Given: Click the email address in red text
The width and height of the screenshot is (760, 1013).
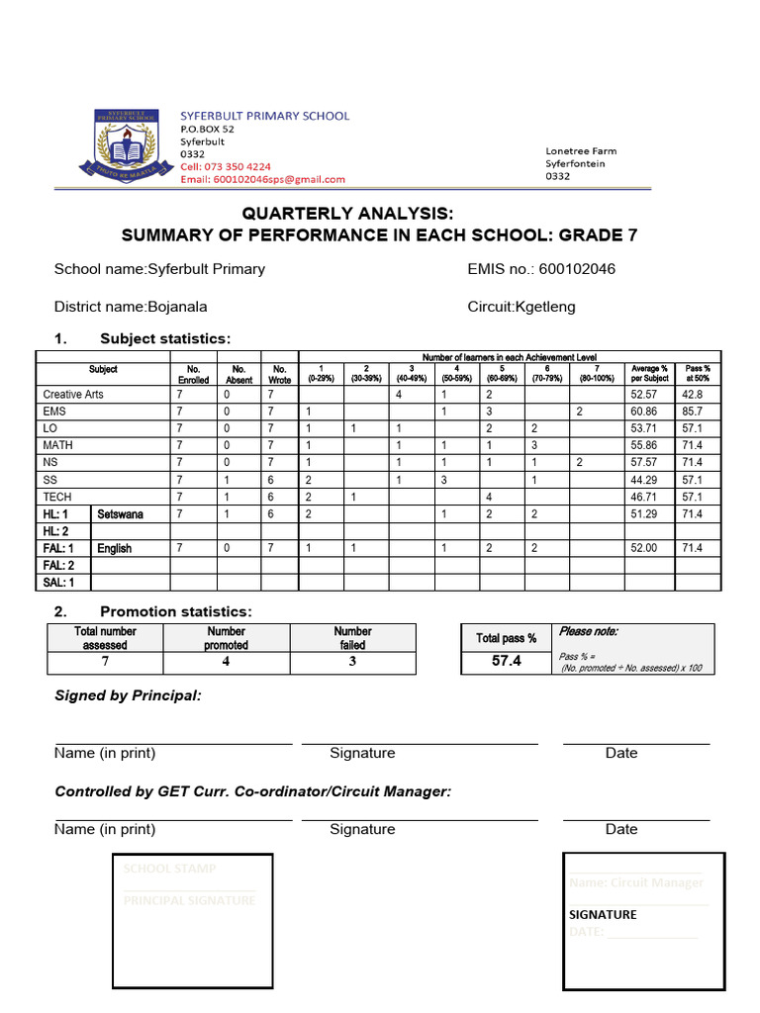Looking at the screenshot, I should pyautogui.click(x=262, y=179).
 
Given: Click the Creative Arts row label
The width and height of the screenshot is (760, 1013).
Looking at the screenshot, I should pyautogui.click(x=73, y=395).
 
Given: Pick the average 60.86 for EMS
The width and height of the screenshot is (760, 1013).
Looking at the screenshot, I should pyautogui.click(x=643, y=412).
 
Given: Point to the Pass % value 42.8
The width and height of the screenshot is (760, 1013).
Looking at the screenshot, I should pyautogui.click(x=693, y=395).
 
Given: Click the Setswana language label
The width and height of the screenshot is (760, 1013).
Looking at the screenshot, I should pyautogui.click(x=120, y=514).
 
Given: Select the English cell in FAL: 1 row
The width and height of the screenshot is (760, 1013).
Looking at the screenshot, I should pyautogui.click(x=115, y=548).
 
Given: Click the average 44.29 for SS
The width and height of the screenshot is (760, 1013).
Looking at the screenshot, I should pyautogui.click(x=643, y=480).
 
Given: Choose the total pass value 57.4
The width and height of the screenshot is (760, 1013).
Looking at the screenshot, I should pyautogui.click(x=506, y=661).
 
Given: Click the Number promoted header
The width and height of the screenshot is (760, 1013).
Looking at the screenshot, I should pyautogui.click(x=226, y=638).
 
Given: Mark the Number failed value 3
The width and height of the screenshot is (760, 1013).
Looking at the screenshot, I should pyautogui.click(x=352, y=662).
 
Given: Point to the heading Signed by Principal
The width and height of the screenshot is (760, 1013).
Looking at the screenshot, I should pyautogui.click(x=128, y=696).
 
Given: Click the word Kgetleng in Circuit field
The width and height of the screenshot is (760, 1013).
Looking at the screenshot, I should pyautogui.click(x=544, y=307).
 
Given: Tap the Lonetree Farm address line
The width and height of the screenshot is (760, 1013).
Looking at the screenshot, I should pyautogui.click(x=581, y=151).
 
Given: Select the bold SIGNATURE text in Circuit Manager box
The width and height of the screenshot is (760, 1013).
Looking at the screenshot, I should pyautogui.click(x=603, y=915).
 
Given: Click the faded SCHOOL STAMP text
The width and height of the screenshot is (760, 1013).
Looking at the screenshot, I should pyautogui.click(x=169, y=869).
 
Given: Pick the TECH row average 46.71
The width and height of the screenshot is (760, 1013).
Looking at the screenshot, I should pyautogui.click(x=643, y=497).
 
